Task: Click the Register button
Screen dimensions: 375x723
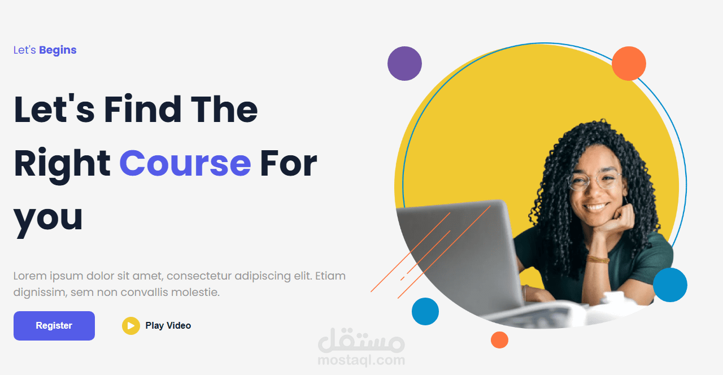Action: (x=54, y=326)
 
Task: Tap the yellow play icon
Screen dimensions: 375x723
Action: (x=130, y=326)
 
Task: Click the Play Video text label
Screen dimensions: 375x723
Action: (x=168, y=326)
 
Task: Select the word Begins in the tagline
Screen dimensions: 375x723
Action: (x=58, y=50)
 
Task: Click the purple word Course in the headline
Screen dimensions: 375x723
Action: (x=185, y=163)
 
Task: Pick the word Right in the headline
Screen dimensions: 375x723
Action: (x=62, y=164)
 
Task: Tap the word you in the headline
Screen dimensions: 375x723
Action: (x=49, y=217)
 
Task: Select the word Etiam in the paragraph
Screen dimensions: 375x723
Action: (x=330, y=276)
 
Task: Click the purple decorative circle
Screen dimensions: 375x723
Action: (x=404, y=63)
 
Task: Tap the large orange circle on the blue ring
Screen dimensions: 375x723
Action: (x=629, y=63)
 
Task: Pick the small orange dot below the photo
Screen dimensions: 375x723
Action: (x=499, y=340)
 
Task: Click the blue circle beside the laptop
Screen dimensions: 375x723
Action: (x=425, y=311)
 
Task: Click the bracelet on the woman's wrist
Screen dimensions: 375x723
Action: (x=598, y=259)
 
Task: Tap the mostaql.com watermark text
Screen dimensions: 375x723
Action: (x=361, y=360)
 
